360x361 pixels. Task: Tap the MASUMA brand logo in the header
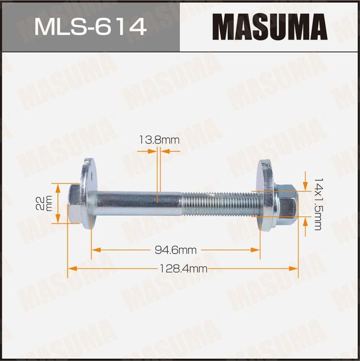click(x=269, y=26)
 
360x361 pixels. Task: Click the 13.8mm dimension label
click(x=160, y=139)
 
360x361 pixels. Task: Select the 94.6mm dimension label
click(x=176, y=249)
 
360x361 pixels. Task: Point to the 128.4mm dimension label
click(x=184, y=269)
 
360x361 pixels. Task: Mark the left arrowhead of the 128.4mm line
click(x=71, y=269)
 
